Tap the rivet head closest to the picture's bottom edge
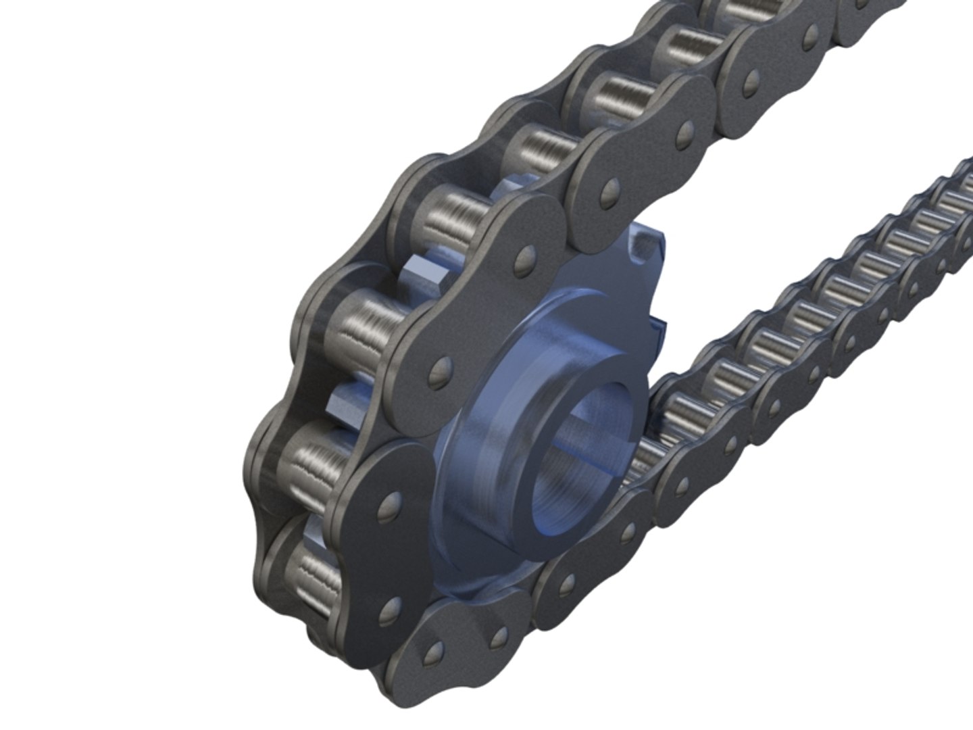[x=428, y=654]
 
